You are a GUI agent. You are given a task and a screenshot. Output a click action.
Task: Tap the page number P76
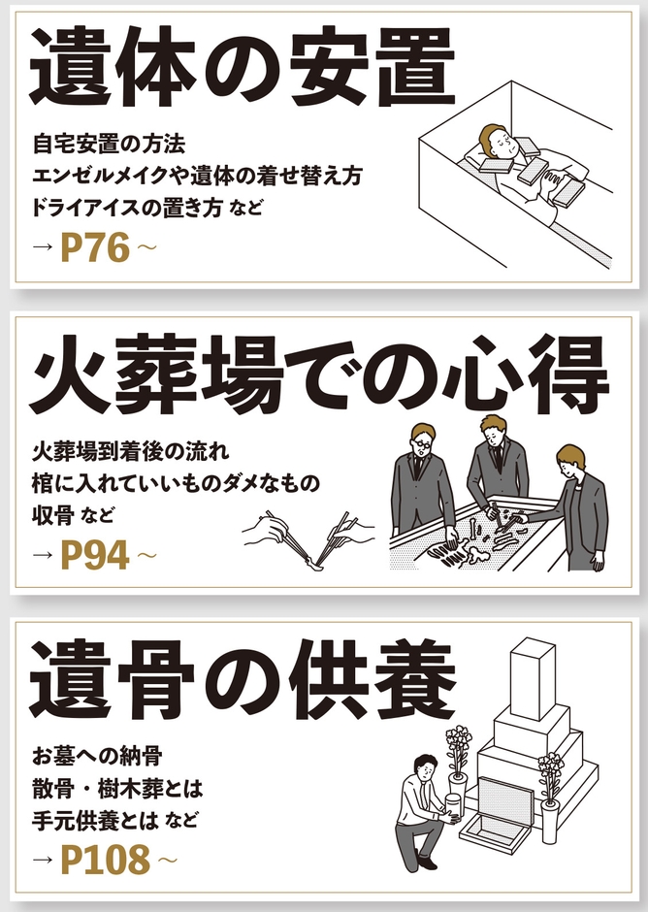(95, 248)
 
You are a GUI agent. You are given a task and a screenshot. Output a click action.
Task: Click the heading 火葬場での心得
(320, 373)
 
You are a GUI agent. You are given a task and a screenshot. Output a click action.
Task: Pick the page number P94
(95, 555)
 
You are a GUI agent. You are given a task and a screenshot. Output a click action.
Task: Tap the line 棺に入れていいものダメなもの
(176, 482)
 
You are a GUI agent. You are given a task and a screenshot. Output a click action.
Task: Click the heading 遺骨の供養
(243, 678)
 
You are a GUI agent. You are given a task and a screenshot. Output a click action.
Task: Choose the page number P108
(106, 859)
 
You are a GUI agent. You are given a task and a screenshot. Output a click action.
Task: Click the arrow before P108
(42, 861)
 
